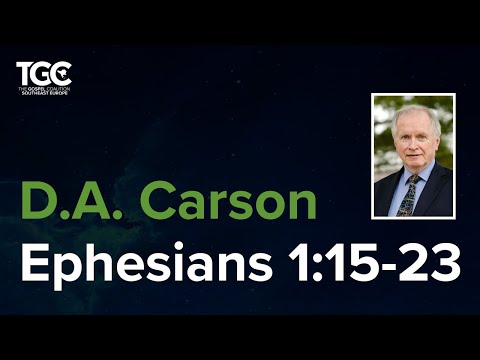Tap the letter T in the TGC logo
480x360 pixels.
click(x=24, y=74)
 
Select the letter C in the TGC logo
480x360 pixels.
click(x=62, y=73)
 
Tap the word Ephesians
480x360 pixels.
click(x=137, y=263)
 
